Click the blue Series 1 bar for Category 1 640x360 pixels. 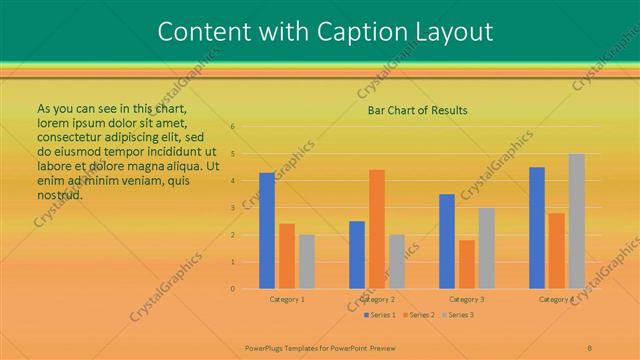pos(267,231)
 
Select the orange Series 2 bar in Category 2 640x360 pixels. pos(377,229)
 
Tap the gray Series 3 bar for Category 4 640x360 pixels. pos(577,221)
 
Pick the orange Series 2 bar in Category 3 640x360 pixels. pos(467,264)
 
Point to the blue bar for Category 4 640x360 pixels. pos(537,228)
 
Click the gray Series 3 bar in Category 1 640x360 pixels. pos(307,262)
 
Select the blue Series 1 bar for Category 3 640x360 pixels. pos(447,241)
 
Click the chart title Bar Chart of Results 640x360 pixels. pos(417,110)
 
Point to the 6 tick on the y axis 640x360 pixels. pos(232,127)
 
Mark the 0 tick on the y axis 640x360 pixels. pos(232,289)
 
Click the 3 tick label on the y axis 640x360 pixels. pos(232,208)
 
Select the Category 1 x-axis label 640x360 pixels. pos(287,299)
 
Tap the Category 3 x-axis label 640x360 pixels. pos(467,299)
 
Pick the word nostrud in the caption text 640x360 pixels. pos(59,194)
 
